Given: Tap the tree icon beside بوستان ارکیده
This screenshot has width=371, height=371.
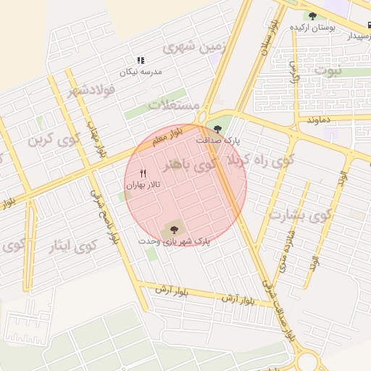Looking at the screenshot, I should coord(312,16).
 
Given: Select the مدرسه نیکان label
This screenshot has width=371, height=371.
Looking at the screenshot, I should coord(141,72).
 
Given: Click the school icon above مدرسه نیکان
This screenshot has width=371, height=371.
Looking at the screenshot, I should coord(141,61).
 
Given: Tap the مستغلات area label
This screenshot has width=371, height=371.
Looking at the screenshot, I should coord(174,105).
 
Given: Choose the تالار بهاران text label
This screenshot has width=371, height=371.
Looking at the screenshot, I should coord(142,185).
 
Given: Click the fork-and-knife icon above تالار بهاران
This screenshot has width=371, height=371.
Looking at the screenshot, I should coord(142,173).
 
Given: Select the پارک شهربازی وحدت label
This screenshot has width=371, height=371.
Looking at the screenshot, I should coord(174,239).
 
